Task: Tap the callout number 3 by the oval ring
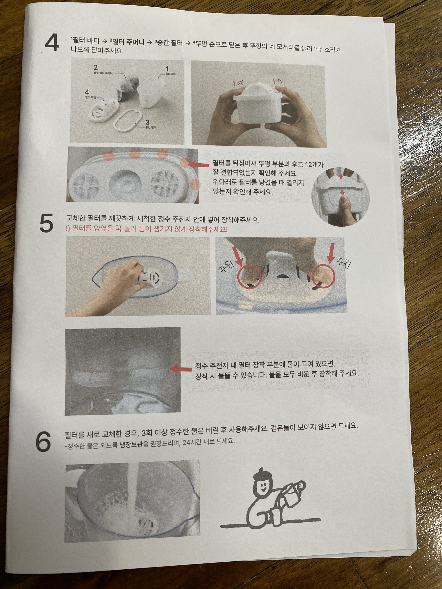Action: (x=147, y=122)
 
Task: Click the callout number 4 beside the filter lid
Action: (x=87, y=92)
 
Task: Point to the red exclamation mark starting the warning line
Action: (x=67, y=229)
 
